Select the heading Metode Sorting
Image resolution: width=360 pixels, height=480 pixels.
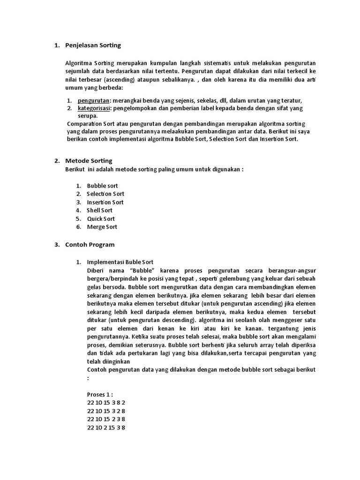[x=89, y=161]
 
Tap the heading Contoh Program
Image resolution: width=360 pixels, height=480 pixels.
[x=90, y=245]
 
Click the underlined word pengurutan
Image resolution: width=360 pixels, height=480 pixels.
[x=93, y=100]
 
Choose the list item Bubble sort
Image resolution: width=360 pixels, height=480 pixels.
[x=102, y=186]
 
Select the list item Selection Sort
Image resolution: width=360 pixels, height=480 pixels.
[x=105, y=194]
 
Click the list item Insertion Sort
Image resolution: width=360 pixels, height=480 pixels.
[x=105, y=202]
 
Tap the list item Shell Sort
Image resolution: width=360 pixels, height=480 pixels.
[x=99, y=210]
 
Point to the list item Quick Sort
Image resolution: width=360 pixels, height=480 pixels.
[x=101, y=219]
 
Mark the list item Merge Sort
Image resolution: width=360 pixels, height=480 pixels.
[x=102, y=227]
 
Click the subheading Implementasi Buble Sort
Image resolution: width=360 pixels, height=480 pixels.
[x=120, y=262]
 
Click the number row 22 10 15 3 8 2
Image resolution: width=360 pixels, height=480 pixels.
[x=106, y=403]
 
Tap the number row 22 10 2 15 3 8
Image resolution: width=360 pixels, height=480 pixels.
[x=106, y=427]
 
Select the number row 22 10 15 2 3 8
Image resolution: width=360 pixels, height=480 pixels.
[x=106, y=419]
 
